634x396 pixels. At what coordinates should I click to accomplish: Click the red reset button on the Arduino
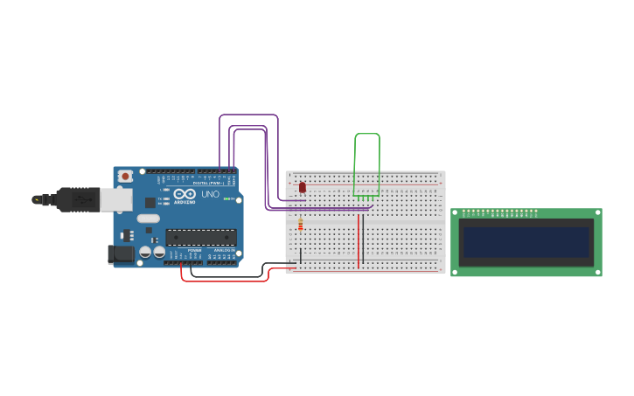(126, 176)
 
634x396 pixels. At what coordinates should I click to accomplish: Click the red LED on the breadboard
(303, 187)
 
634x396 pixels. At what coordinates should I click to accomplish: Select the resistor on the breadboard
(301, 225)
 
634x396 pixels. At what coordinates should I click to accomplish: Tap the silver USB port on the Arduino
(115, 200)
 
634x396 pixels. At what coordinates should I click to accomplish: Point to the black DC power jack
(120, 254)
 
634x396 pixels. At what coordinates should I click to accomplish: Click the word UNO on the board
(211, 194)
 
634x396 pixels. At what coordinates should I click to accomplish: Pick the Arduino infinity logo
(185, 193)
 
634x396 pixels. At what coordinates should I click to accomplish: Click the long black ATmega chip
(201, 237)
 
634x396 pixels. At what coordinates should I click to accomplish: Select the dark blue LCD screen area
(526, 242)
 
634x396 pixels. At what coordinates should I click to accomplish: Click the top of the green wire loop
(367, 135)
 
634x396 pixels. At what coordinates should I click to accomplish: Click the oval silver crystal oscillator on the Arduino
(149, 219)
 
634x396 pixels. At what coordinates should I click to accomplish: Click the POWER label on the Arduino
(194, 250)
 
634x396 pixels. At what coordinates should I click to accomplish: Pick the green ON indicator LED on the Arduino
(226, 198)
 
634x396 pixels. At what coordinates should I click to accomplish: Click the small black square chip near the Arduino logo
(150, 202)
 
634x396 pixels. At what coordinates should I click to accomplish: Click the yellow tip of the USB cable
(36, 200)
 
